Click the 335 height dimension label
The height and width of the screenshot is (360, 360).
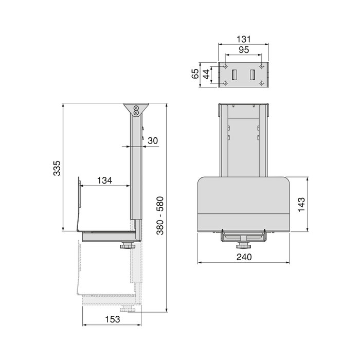57,168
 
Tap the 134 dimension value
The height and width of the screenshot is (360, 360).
104,181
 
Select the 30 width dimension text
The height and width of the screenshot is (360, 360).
153,140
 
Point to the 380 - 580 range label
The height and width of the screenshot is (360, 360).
160,215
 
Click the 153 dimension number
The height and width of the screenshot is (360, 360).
113,319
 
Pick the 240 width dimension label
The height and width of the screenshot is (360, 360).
244,257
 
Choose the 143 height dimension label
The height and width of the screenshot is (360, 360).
301,205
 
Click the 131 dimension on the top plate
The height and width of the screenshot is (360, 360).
244,39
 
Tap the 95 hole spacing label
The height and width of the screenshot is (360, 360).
244,50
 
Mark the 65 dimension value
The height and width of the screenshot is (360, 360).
195,74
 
